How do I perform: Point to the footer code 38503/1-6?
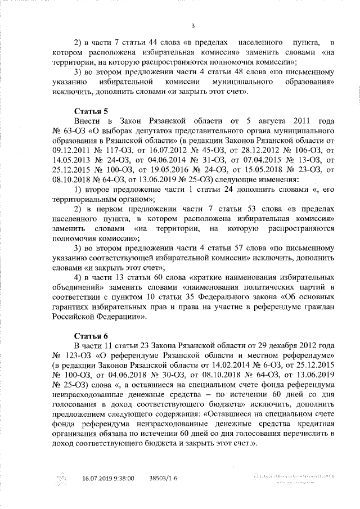coord(163,478)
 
